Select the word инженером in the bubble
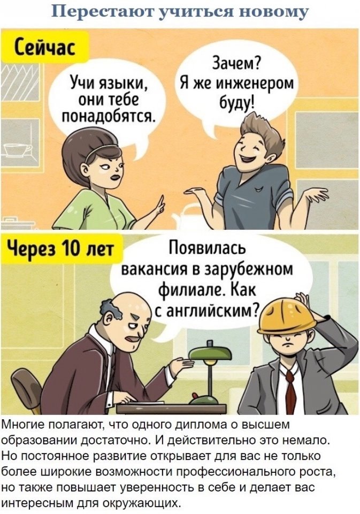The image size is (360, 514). [x=254, y=84]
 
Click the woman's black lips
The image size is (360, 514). [x=115, y=177]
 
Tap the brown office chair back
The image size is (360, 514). [x=27, y=390]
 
